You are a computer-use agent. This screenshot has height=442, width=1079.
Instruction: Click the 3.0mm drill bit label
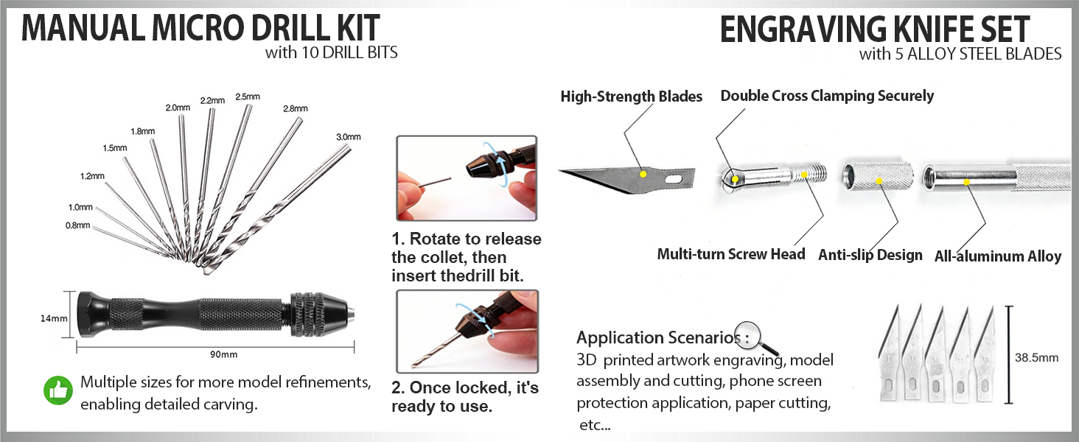click(x=348, y=137)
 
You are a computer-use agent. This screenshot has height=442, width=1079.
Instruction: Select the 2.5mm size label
click(x=247, y=97)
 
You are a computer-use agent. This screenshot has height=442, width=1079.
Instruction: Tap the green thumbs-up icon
click(x=59, y=392)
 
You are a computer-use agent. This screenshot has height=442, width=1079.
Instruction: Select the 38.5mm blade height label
click(x=1036, y=358)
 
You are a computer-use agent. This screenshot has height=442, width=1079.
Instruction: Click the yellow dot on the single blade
click(x=643, y=174)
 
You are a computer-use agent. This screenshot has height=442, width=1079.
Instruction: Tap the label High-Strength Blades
click(x=631, y=97)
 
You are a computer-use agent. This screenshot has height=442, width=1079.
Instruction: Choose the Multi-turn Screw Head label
click(x=730, y=254)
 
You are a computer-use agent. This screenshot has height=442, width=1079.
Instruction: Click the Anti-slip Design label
click(x=870, y=255)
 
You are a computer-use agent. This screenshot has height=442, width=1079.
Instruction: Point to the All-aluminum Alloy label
click(x=997, y=256)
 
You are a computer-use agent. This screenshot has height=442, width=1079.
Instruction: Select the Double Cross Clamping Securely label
click(x=826, y=96)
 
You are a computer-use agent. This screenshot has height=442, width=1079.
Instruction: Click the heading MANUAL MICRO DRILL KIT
click(x=200, y=28)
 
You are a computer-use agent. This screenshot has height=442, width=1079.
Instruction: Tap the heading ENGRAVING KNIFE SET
click(x=874, y=29)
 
